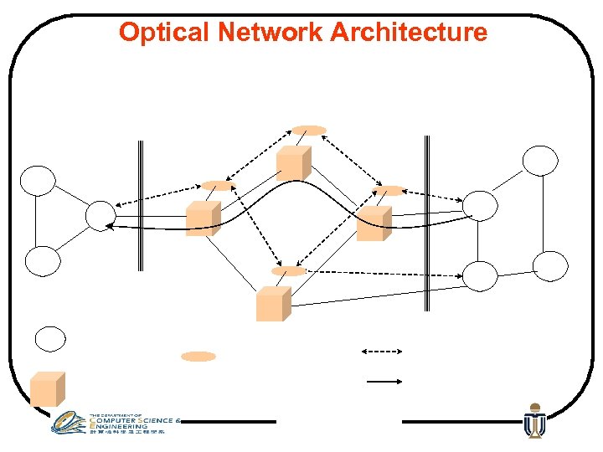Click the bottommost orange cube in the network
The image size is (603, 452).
[273, 304]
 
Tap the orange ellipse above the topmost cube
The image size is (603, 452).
[309, 130]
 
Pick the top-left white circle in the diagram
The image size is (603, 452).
[39, 180]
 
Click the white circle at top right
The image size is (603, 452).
[540, 160]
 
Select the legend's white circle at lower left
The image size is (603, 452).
[49, 339]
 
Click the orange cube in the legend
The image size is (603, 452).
[47, 389]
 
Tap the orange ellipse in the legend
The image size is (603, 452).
[198, 357]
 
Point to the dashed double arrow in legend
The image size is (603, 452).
[381, 351]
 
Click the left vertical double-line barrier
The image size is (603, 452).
[141, 205]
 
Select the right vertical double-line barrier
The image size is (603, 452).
[427, 222]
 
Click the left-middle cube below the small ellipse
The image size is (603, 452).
[203, 218]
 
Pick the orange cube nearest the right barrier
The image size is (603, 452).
[374, 223]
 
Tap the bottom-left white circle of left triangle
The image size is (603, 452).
[43, 261]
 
